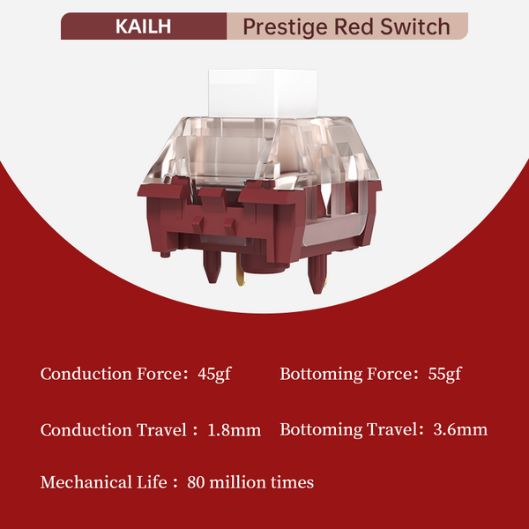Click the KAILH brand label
pos(144,26)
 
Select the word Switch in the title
pos(419,26)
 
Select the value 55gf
pos(442,374)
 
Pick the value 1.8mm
pos(234,429)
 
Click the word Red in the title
pos(361,26)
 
